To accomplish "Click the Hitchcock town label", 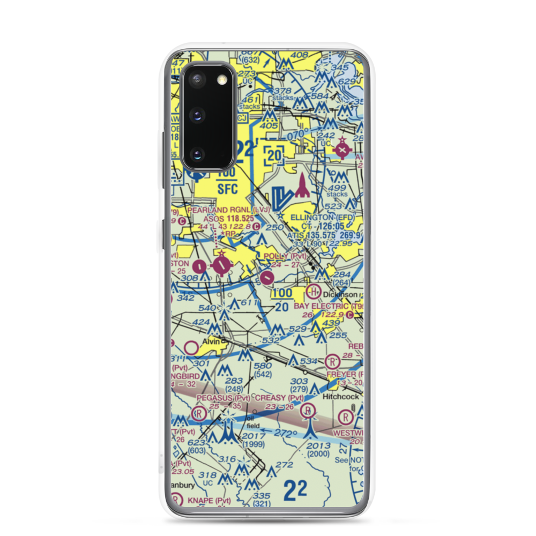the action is click(x=340, y=397).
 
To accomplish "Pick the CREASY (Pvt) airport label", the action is click(x=279, y=398).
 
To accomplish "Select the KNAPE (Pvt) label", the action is click(x=209, y=501).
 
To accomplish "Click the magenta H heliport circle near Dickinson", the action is click(x=312, y=292).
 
